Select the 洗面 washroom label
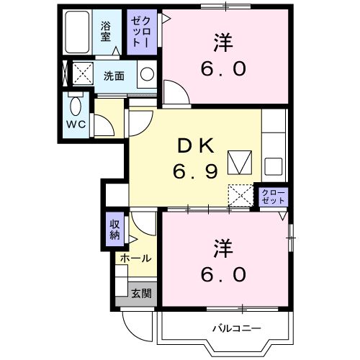pos(113,75)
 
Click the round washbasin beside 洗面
pos(146,75)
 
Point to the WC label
pos(76,124)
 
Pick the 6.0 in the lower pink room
pos(224,274)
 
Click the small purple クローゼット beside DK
pos(273,197)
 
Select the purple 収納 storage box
pos(115,228)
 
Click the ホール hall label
pos(135,258)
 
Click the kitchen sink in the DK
pos(274,167)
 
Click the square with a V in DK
pos(238,163)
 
